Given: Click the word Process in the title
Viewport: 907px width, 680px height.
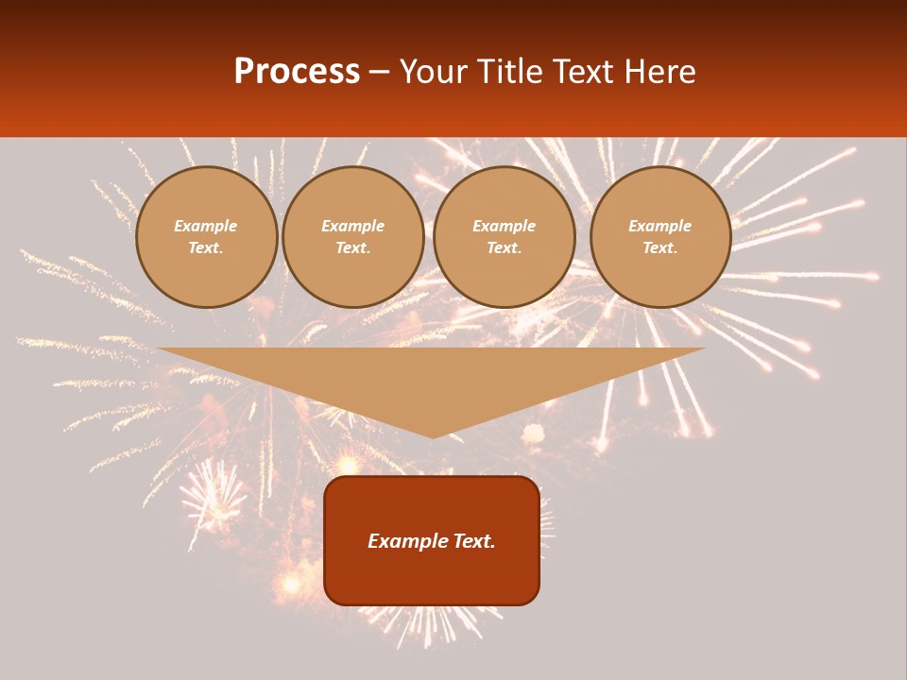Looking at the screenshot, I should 297,72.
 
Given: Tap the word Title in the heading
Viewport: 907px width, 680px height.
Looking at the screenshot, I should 515,72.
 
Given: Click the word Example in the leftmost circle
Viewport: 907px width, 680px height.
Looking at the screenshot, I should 206,227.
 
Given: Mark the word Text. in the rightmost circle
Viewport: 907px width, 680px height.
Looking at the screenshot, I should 659,248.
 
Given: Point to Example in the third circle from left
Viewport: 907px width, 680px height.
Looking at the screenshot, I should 504,227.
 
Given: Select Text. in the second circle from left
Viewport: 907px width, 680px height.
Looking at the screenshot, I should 352,248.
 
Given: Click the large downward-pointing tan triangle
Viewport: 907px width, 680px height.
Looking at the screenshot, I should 432,378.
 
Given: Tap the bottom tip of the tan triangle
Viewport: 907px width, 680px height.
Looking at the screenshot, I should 432,434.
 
